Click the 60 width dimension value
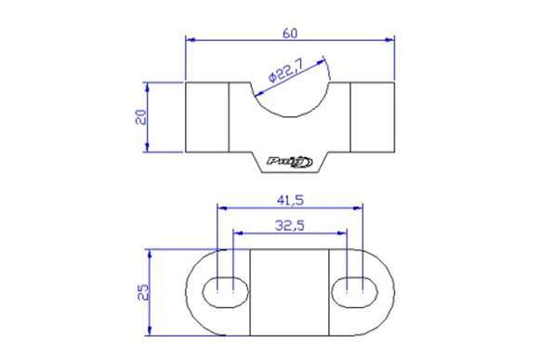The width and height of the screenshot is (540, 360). (x=290, y=33)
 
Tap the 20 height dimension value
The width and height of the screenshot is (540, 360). (x=140, y=116)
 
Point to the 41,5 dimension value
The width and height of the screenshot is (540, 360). (x=290, y=199)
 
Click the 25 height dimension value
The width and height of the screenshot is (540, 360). (x=140, y=292)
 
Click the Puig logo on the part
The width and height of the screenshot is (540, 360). (x=290, y=162)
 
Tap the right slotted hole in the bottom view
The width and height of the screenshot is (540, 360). (x=355, y=292)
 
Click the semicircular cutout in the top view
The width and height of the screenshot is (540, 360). (x=290, y=98)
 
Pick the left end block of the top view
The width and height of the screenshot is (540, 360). (x=207, y=117)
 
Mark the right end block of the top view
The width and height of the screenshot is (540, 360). (x=373, y=117)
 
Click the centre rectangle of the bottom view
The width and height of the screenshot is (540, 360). (x=290, y=292)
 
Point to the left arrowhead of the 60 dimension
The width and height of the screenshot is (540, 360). (x=191, y=40)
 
